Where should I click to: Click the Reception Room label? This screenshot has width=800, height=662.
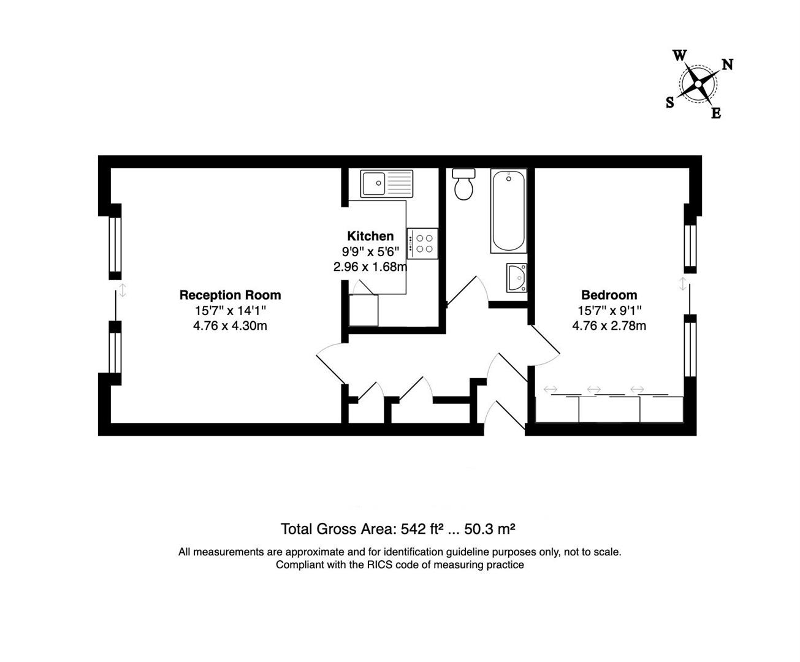coord(230,295)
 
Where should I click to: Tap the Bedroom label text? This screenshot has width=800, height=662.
coord(609,295)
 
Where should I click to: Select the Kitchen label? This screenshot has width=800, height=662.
coord(370,236)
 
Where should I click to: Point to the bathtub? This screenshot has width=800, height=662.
coord(508,211)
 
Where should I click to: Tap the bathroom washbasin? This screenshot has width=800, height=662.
coord(517,278)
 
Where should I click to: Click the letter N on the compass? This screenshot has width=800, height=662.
coord(728,64)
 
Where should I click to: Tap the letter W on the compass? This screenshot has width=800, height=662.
coord(679,55)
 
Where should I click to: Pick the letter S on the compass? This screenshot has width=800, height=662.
coord(670,102)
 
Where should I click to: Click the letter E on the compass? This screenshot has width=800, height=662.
coord(715,113)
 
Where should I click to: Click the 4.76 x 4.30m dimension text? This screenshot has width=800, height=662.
coord(230,326)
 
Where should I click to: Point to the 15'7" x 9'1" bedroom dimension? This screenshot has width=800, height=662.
coord(609,311)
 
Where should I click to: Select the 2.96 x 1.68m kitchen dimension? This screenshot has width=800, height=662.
coord(370,267)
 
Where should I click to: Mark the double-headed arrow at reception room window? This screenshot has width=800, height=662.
coord(123,290)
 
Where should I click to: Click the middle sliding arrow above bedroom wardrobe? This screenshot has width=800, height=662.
coord(593,389)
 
